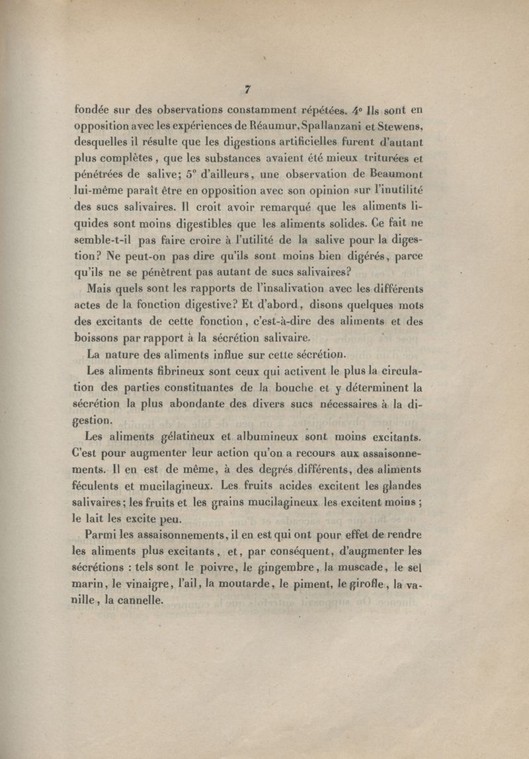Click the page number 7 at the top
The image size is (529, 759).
tap(247, 90)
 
